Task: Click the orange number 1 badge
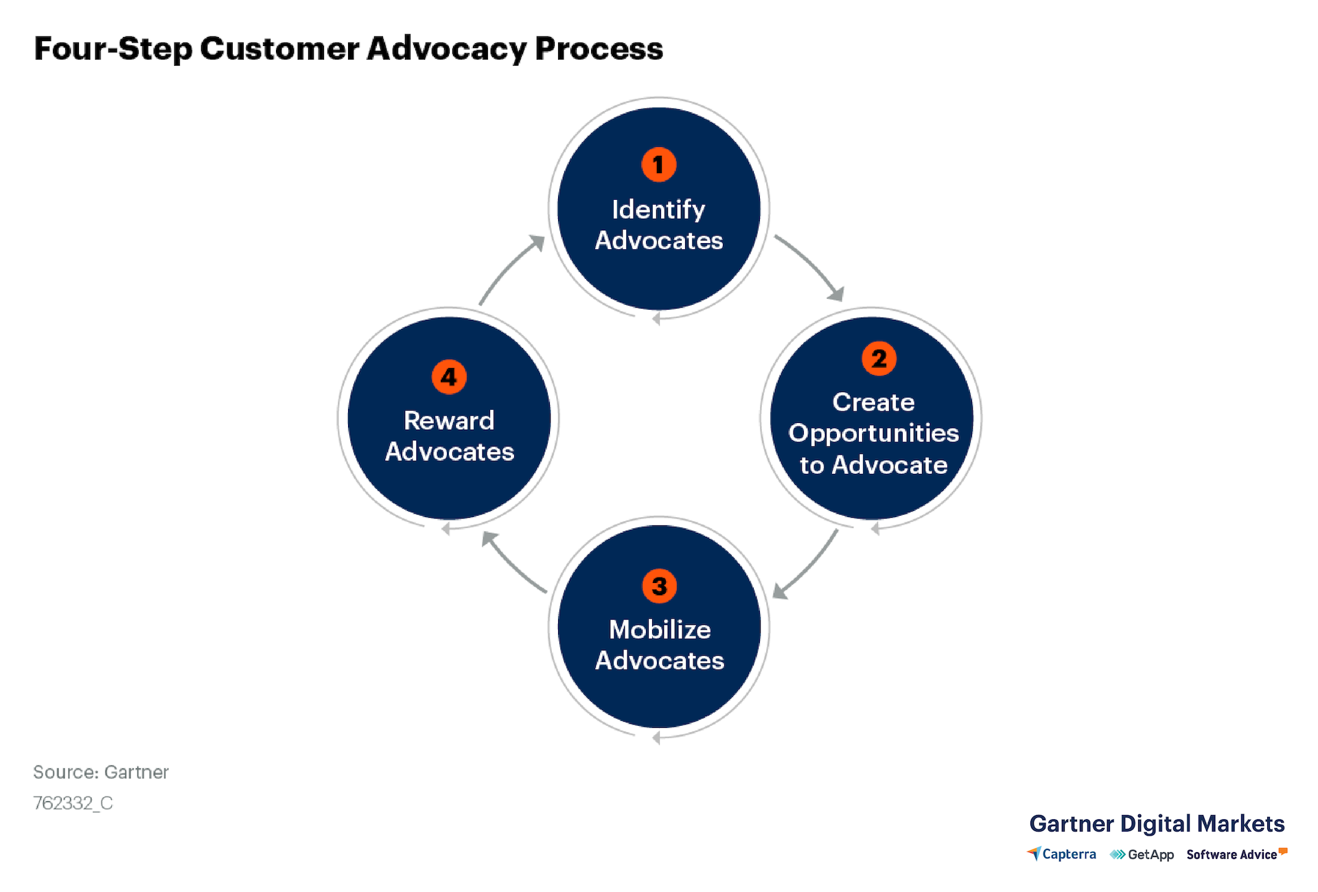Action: [658, 165]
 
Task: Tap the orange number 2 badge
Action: [879, 358]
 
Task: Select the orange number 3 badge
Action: [659, 586]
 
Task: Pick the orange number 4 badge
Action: [449, 377]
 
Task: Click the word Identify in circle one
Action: [658, 209]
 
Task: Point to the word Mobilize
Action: [660, 629]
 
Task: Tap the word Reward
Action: [449, 420]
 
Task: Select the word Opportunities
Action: [873, 434]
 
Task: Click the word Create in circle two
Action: [873, 402]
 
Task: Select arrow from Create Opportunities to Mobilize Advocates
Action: [810, 567]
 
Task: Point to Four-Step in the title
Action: [113, 49]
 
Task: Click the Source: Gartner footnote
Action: [101, 773]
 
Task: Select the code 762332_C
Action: [73, 803]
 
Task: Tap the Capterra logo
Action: [1061, 854]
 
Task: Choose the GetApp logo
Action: [1142, 855]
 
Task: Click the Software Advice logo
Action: [1237, 854]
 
